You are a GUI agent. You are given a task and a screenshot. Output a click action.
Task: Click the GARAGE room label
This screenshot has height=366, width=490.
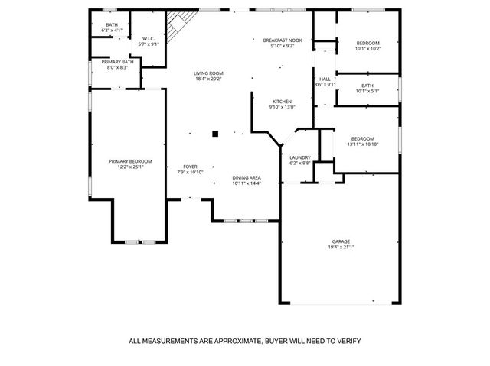[x=341, y=241]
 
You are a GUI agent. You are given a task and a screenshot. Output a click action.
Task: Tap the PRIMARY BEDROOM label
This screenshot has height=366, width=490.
[x=130, y=161]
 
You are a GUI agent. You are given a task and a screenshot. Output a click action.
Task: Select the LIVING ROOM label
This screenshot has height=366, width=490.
[x=207, y=73]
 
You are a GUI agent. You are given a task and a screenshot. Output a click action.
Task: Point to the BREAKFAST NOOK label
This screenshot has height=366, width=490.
[x=282, y=40]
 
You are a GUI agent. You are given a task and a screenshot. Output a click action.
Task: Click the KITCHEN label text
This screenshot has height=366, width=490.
[x=282, y=102]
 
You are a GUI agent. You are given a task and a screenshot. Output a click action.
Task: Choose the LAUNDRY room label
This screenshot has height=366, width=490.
[x=299, y=157]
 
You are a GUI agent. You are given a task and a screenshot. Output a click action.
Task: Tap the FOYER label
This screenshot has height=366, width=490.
[x=190, y=167]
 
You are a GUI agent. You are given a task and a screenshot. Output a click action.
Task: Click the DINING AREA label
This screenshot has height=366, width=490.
[x=247, y=178]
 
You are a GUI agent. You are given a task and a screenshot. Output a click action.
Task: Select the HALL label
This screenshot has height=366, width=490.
[x=325, y=79]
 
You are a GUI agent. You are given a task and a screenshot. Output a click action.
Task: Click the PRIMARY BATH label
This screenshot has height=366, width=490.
[x=117, y=61]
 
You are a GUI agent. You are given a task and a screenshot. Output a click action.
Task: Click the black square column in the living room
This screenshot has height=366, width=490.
[x=215, y=133]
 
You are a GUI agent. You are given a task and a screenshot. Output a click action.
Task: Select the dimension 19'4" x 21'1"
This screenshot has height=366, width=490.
[x=341, y=247]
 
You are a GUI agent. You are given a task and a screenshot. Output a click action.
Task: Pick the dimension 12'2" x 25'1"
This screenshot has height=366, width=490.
[x=130, y=167]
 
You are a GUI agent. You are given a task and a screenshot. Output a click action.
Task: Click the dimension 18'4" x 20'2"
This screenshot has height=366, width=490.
[x=207, y=79]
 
